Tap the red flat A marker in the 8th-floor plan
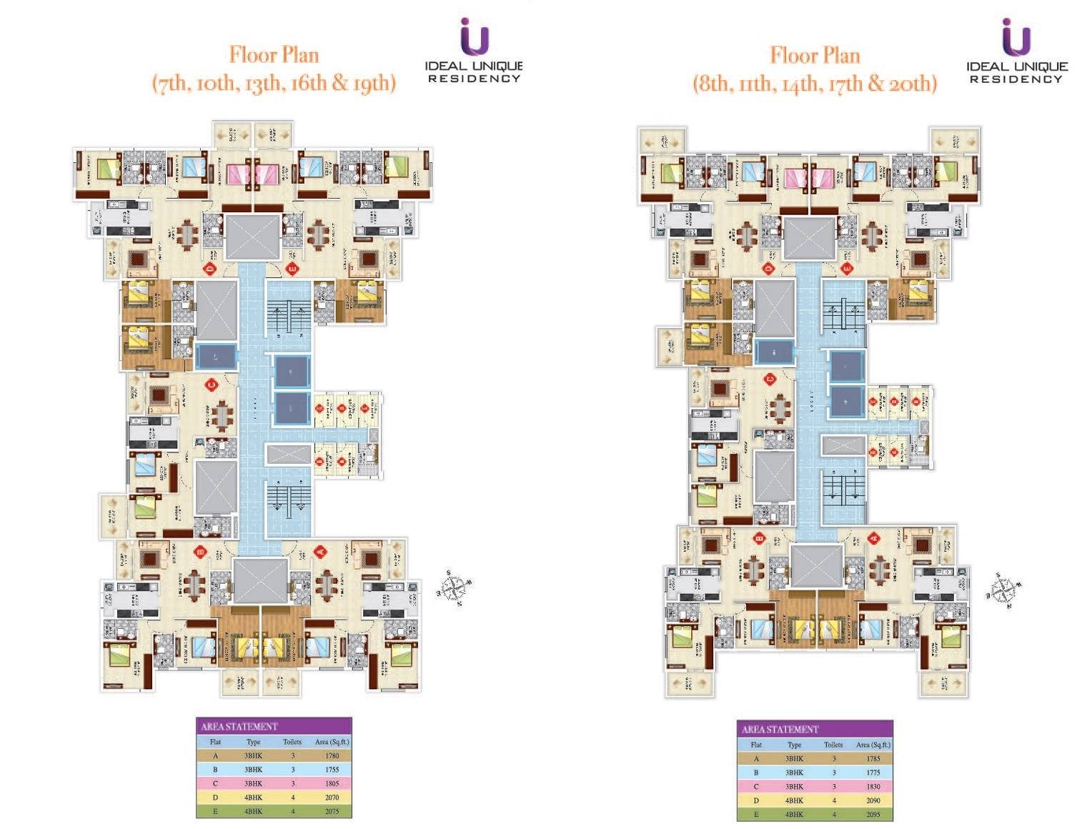(x=873, y=537)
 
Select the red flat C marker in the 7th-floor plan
(x=211, y=385)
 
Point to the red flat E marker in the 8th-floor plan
(x=847, y=269)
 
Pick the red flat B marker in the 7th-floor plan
(x=202, y=551)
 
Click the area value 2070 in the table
(x=332, y=798)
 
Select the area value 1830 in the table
(x=873, y=786)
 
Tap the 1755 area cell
(x=332, y=770)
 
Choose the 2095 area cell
(x=873, y=814)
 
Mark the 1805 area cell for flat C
(x=332, y=783)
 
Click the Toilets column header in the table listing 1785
(x=833, y=745)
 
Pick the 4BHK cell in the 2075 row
(x=254, y=811)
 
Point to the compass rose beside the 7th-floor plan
(x=453, y=588)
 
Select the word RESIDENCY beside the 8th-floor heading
(x=1016, y=79)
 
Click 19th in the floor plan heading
(x=372, y=83)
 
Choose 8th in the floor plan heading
(x=715, y=84)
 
